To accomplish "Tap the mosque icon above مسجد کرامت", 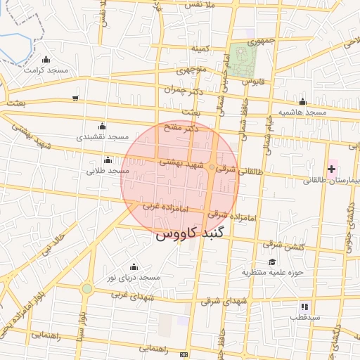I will point(46,60).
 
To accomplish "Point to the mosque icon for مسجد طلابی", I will point(108,160).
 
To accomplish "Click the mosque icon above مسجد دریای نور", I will point(134,267).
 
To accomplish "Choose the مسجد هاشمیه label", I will point(302,112).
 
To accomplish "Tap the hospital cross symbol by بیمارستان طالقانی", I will point(331,169).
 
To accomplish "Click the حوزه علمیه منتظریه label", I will point(272,272).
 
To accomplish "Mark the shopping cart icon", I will point(75,98).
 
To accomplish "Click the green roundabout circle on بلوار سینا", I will point(86,288).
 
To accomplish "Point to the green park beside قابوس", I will point(243,61).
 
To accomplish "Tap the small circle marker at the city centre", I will point(210,167).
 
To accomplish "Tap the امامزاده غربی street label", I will point(166,208).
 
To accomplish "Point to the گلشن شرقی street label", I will point(278,244).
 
